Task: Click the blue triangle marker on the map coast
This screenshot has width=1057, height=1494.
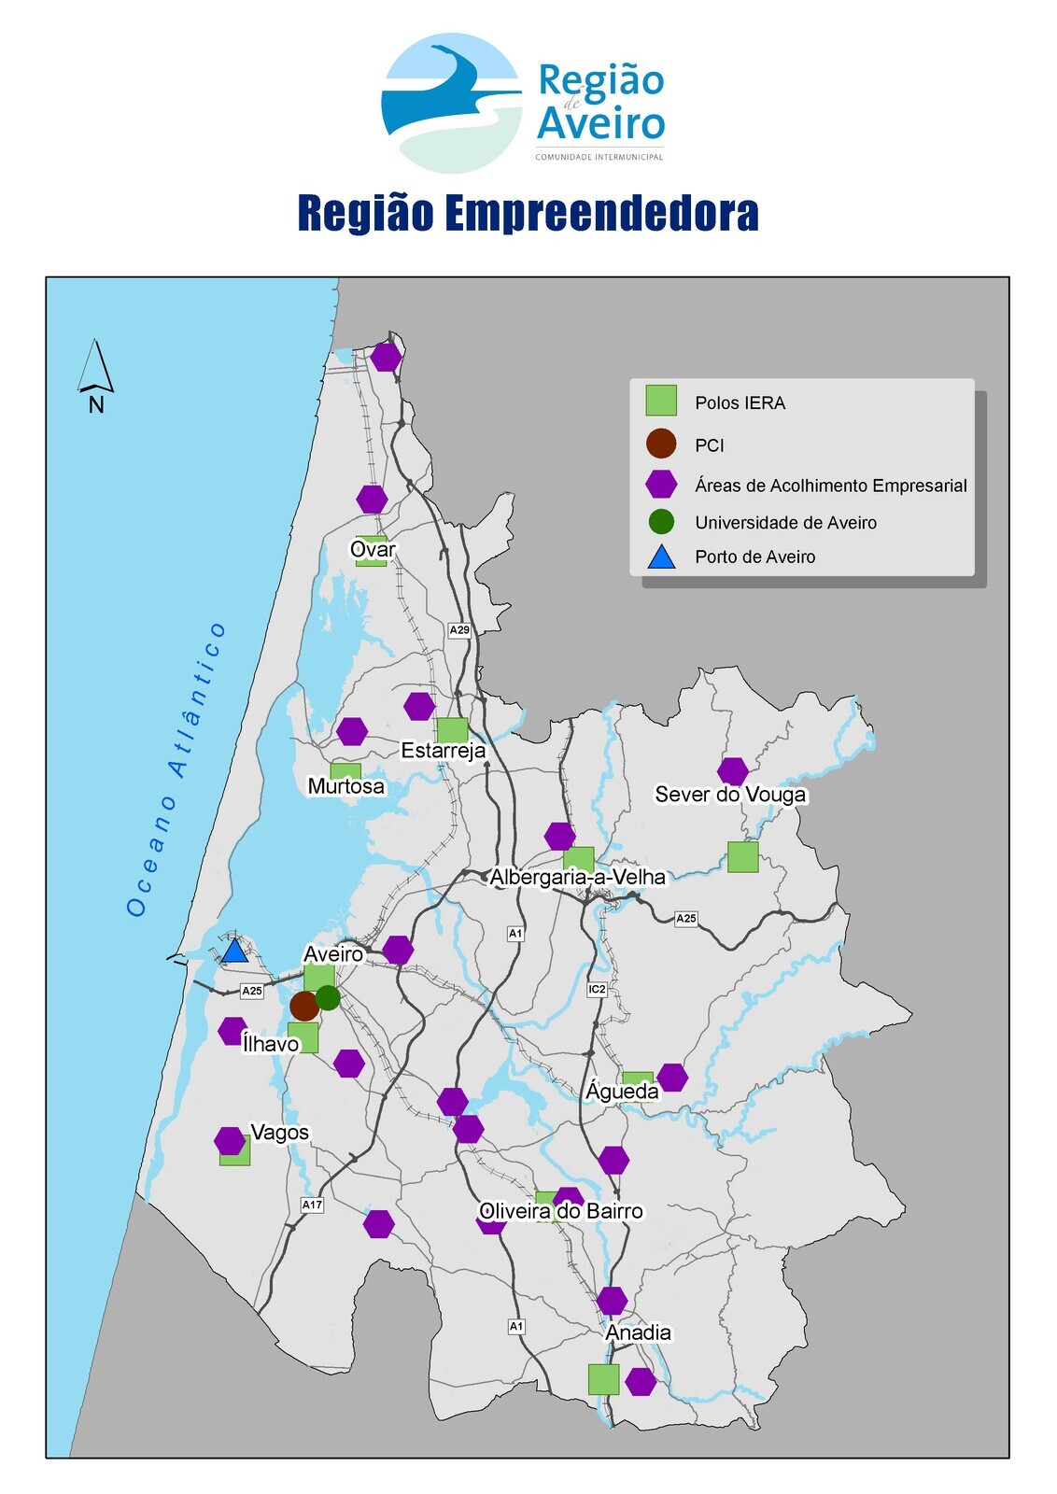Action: click(234, 951)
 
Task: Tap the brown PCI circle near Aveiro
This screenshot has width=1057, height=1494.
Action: click(304, 1006)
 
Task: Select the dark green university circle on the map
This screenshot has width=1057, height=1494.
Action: click(328, 997)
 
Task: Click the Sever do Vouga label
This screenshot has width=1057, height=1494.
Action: click(730, 795)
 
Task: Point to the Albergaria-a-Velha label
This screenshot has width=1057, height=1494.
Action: click(577, 877)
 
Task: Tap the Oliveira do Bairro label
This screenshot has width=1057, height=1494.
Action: click(560, 1211)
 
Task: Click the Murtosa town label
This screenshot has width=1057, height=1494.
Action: click(345, 786)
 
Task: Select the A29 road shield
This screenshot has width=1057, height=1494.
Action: click(459, 630)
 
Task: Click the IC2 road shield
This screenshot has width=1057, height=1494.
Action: click(597, 989)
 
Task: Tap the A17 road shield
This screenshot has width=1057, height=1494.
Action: click(312, 1205)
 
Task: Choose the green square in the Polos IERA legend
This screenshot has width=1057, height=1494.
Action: click(661, 401)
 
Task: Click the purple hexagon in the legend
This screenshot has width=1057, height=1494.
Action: click(661, 484)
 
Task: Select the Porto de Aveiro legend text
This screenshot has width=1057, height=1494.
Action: click(754, 557)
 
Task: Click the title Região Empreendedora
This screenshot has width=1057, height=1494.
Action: click(528, 213)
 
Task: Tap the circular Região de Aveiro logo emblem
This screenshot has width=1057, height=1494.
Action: click(452, 104)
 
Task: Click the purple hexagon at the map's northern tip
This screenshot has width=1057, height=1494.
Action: click(386, 357)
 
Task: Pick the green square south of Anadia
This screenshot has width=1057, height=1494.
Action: click(603, 1378)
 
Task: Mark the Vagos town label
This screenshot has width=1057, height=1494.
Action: click(279, 1133)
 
